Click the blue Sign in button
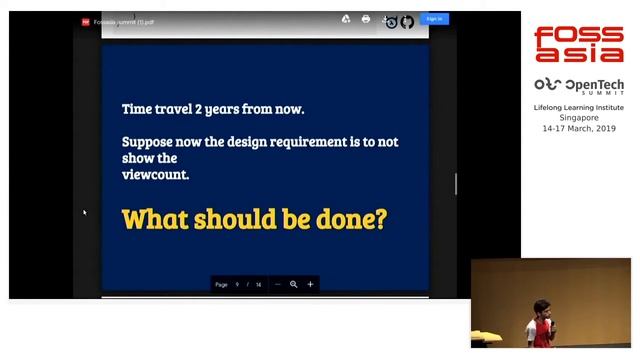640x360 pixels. pyautogui.click(x=434, y=19)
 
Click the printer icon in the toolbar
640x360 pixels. pyautogui.click(x=366, y=19)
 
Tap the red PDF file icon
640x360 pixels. pyautogui.click(x=86, y=21)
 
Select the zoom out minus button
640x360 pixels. pyautogui.click(x=278, y=284)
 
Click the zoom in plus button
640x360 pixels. pyautogui.click(x=310, y=284)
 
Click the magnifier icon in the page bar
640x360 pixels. pyautogui.click(x=294, y=284)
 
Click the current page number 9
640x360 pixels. pyautogui.click(x=237, y=285)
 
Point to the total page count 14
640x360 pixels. pyautogui.click(x=258, y=285)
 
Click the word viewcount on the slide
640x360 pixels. pyautogui.click(x=155, y=174)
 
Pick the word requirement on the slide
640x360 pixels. pyautogui.click(x=297, y=142)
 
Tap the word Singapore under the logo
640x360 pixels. pyautogui.click(x=579, y=118)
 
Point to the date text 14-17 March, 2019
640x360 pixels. pyautogui.click(x=579, y=129)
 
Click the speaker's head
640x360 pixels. pyautogui.click(x=541, y=307)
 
